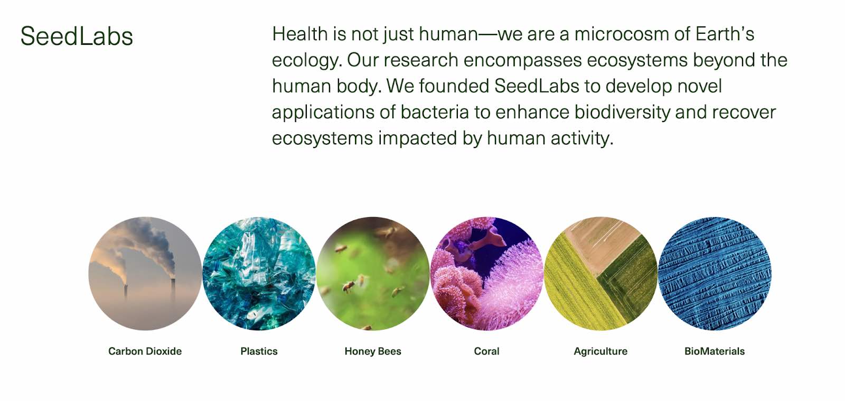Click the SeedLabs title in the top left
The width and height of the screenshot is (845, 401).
coord(77,36)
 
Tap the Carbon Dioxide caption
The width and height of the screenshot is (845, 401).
coord(145,351)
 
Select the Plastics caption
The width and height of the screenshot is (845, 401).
coord(259,351)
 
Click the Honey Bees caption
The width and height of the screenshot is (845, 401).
coord(373,351)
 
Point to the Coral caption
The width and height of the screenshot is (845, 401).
coord(486,351)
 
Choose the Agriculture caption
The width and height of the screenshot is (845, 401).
coord(600,351)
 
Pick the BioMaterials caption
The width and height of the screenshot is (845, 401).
coord(715,351)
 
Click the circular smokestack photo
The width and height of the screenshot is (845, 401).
coord(145,274)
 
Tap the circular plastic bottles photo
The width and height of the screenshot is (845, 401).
coord(259,274)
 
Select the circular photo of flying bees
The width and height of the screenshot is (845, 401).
coord(373,274)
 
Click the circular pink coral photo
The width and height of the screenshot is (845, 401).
coord(486,274)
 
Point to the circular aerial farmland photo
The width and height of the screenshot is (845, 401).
coord(600,274)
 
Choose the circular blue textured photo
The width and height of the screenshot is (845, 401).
coord(715,274)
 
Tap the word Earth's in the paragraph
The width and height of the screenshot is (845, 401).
coord(725,34)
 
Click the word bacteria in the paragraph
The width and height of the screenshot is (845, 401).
coord(435,112)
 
